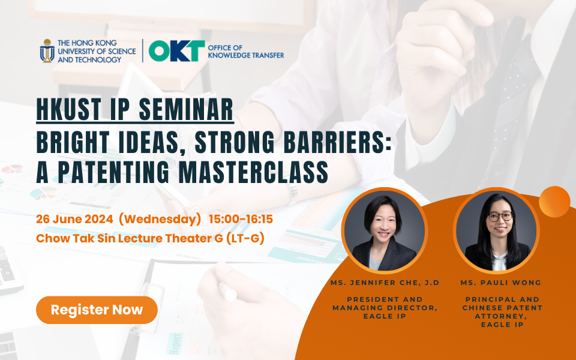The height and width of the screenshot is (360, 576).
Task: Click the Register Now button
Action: (x=97, y=310)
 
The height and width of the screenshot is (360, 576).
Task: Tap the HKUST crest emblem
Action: (x=47, y=50)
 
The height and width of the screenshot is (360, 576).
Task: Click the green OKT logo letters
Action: (x=176, y=50)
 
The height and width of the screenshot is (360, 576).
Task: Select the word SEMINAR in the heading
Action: (x=186, y=109)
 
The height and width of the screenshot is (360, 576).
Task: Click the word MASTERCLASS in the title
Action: (x=253, y=172)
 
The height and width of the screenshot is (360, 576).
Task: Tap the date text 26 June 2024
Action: (x=74, y=220)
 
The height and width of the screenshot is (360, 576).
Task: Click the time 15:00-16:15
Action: (x=241, y=220)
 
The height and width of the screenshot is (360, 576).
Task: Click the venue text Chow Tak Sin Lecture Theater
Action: (x=124, y=238)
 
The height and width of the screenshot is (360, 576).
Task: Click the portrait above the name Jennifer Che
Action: (x=385, y=230)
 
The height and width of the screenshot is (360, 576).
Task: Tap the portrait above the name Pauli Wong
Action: (x=496, y=230)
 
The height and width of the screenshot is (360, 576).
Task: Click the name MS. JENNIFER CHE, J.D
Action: (x=385, y=283)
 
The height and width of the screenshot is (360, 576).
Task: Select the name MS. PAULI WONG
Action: (x=501, y=283)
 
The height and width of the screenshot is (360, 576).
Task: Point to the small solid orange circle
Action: (x=554, y=202)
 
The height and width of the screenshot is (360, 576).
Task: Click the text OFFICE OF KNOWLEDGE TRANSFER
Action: (x=246, y=52)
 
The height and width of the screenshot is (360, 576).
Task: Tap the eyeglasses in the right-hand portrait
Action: (x=500, y=217)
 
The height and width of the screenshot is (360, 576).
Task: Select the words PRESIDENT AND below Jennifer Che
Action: (x=385, y=299)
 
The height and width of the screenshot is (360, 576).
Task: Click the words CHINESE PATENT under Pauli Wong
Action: (x=503, y=307)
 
